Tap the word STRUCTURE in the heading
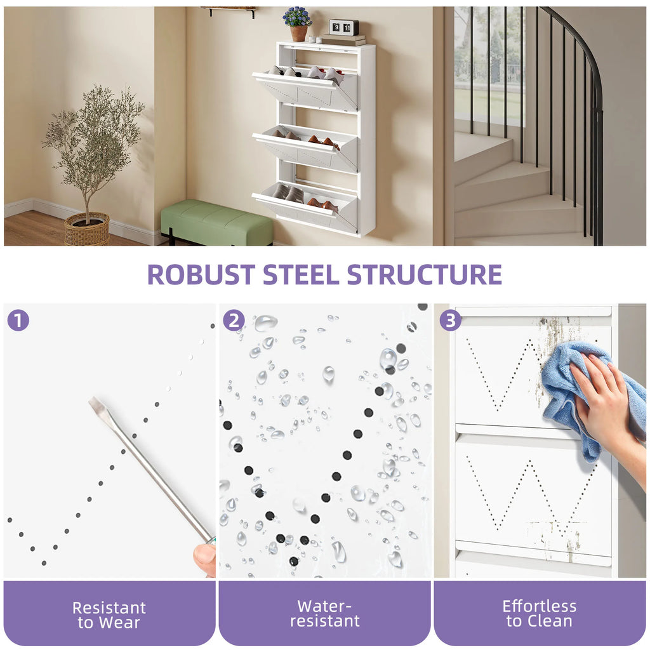click(x=425, y=274)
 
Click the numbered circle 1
click(x=18, y=320)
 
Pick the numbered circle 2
click(x=234, y=320)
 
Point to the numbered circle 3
click(x=450, y=320)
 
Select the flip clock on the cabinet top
click(x=343, y=27)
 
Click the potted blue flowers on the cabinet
click(x=298, y=24)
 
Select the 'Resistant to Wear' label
click(x=109, y=614)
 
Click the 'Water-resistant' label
click(x=324, y=614)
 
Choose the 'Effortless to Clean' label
click(x=540, y=614)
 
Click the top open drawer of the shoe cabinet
click(x=305, y=89)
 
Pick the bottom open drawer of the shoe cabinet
click(x=305, y=206)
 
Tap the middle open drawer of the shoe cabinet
click(x=305, y=149)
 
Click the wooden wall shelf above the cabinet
click(x=228, y=10)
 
